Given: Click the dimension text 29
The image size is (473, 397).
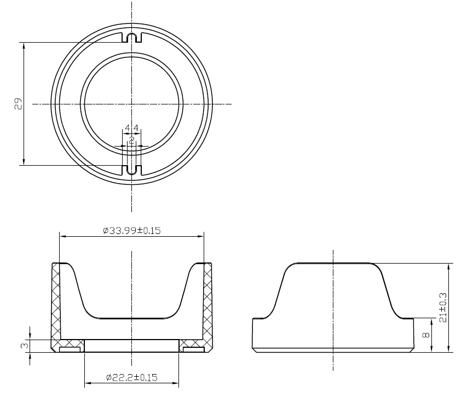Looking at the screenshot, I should point(18,104).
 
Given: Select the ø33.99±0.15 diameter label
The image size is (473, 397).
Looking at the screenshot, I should point(131,231).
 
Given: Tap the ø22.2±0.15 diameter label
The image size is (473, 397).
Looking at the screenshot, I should point(131,377).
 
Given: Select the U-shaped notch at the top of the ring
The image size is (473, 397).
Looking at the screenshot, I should point(131,38).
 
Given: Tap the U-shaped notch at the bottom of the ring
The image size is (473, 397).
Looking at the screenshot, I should point(131,170).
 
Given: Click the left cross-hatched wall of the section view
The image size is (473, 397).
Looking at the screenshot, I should point(56,306).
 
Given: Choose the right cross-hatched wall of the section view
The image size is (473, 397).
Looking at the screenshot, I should point(207,306).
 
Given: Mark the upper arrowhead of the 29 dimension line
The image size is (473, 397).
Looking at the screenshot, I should point(24,45).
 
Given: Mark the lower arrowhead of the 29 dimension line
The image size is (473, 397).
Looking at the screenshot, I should point(24,161).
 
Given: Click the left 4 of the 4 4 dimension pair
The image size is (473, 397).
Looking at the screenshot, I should point(127,129).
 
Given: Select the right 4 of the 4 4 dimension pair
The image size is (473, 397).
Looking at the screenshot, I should point(136,129).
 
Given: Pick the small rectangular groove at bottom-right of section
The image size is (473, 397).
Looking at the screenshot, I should point(193,349).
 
